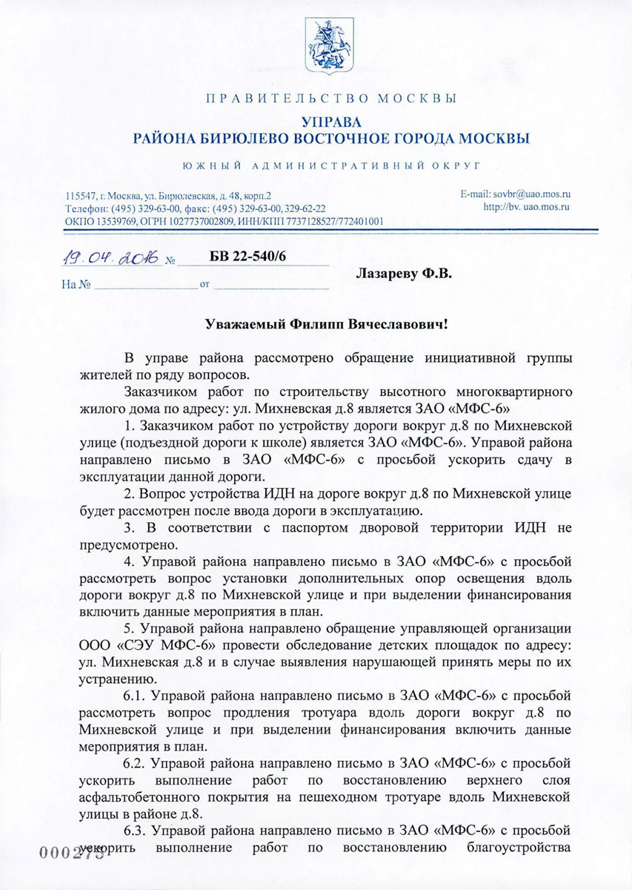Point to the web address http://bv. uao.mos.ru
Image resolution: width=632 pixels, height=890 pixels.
[526, 207]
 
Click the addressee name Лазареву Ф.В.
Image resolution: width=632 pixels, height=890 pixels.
[404, 274]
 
